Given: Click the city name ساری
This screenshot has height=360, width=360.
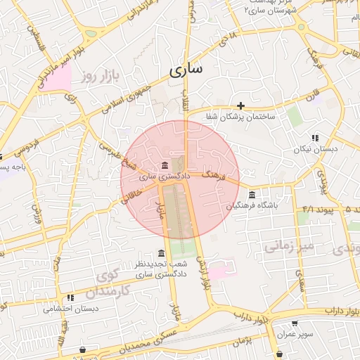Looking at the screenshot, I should point(186,69).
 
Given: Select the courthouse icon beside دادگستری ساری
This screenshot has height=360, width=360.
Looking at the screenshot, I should point(165,165).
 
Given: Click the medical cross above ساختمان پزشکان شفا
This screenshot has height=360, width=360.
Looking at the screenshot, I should point(240,105).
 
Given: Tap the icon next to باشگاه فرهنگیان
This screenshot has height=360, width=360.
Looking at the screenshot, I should point(252,195).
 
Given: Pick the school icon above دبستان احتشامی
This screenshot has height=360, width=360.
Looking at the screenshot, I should point(70,298).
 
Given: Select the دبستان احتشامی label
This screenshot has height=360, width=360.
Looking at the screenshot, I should point(70,309).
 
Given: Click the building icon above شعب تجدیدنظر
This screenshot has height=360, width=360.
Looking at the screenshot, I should point(162,254).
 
